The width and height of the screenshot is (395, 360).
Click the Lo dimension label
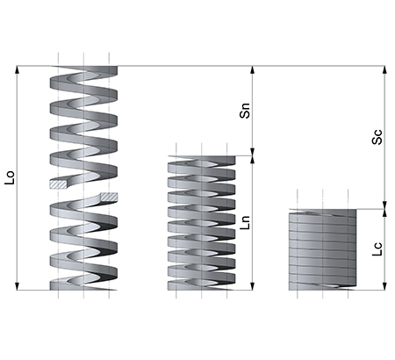pyautogui.click(x=10, y=177)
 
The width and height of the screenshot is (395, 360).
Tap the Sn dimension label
pyautogui.click(x=245, y=111)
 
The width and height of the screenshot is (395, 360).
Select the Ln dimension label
pyautogui.click(x=245, y=222)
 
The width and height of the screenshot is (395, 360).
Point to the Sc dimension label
pyautogui.click(x=377, y=137)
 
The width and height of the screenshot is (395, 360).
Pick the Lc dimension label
pyautogui.click(x=377, y=249)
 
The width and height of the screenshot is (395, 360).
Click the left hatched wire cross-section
pyautogui.click(x=58, y=184)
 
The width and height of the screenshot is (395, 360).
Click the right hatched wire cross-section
pyautogui.click(x=109, y=197)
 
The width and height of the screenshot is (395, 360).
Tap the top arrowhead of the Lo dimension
pyautogui.click(x=17, y=69)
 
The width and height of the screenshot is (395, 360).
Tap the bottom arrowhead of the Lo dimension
pyautogui.click(x=17, y=286)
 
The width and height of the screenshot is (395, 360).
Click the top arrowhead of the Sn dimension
pyautogui.click(x=253, y=69)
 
